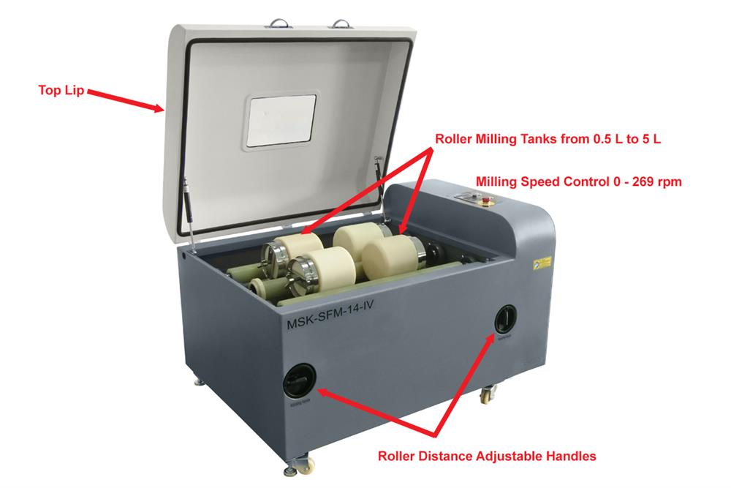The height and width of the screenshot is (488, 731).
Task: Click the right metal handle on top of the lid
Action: click(341, 24)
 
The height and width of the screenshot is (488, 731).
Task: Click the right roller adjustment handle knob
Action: click(505, 318)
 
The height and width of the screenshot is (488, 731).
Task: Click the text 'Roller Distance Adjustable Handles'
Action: click(487, 456)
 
